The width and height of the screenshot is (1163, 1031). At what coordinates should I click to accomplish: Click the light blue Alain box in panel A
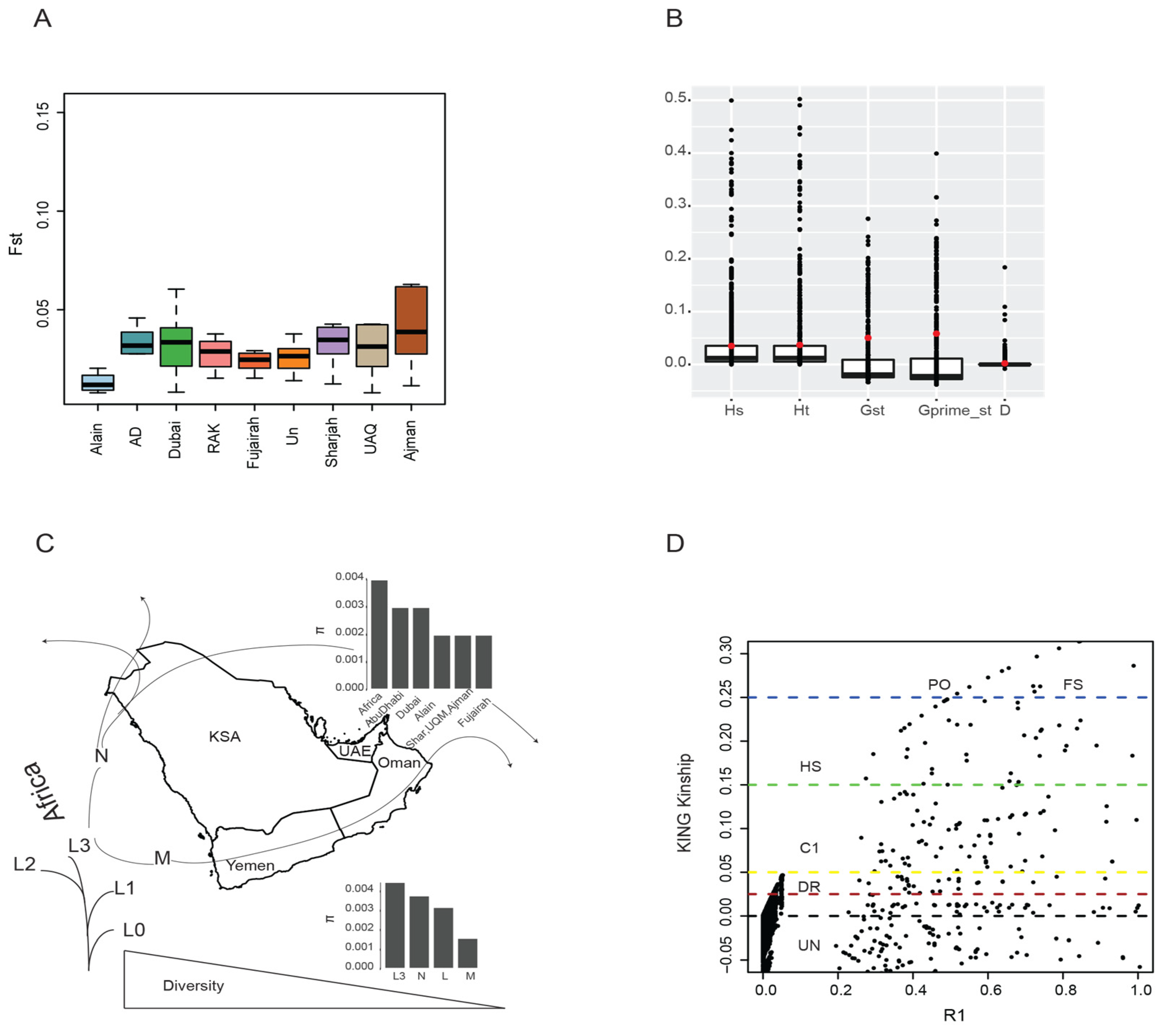click(97, 382)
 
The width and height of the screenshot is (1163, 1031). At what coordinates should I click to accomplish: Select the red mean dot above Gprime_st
click(936, 334)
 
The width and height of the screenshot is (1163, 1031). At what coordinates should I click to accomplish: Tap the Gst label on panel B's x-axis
click(872, 411)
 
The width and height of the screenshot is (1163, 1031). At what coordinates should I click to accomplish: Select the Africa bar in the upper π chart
click(379, 634)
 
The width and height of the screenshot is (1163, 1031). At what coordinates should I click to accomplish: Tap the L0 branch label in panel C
click(134, 930)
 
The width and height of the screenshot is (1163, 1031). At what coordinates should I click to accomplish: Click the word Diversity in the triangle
click(193, 985)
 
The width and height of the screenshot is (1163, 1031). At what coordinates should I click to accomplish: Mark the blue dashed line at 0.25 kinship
click(853, 697)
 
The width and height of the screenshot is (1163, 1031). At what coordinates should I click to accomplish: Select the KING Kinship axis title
click(684, 803)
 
